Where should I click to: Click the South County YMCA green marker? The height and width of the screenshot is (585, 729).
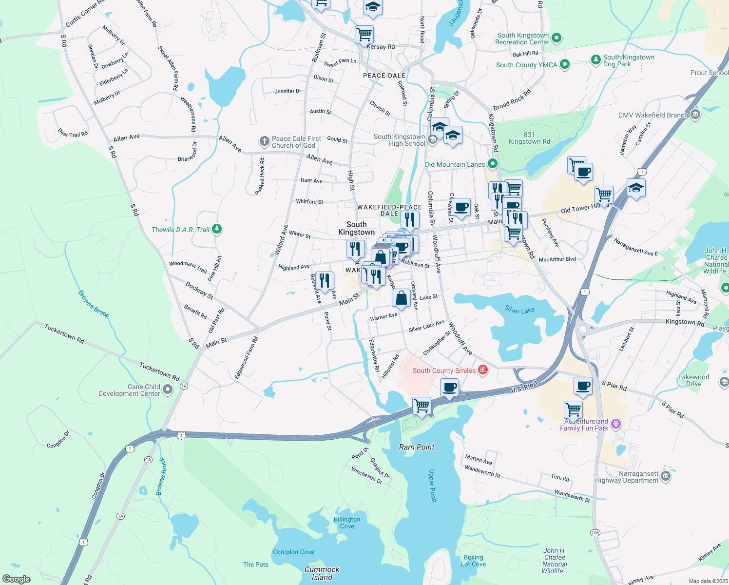(565, 64)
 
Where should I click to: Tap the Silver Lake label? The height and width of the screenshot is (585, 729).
(519, 310)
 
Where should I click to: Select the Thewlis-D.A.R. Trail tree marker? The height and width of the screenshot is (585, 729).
(217, 229)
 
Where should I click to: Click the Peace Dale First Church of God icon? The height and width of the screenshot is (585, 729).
(264, 141)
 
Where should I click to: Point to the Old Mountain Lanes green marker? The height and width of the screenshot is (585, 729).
(493, 164)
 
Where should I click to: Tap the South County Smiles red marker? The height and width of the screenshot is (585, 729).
(482, 370)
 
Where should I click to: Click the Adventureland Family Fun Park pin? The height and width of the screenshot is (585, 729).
(615, 424)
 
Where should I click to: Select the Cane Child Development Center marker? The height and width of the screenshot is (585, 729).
(168, 390)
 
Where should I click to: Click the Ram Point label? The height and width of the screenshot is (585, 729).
(417, 447)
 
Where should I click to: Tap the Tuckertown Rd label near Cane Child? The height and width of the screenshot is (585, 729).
(159, 371)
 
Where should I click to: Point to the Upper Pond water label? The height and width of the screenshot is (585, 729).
(432, 486)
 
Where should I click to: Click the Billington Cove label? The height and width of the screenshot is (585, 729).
(347, 523)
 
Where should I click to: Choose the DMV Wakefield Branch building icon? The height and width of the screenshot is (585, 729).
(695, 115)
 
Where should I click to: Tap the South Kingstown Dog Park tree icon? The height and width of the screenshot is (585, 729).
(595, 60)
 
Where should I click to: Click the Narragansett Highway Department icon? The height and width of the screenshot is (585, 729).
(666, 476)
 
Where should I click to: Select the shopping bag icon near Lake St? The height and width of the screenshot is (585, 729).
(401, 298)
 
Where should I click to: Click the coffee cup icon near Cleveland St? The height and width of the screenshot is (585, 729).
(461, 207)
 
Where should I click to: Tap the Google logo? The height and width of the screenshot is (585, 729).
(17, 579)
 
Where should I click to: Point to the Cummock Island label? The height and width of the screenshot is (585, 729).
(322, 573)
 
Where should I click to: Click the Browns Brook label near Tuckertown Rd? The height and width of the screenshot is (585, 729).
(93, 304)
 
